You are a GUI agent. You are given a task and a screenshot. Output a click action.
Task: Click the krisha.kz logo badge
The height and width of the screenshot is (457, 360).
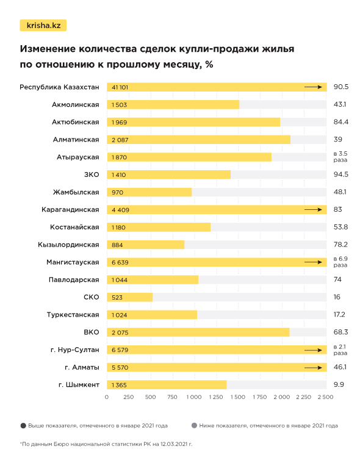pos(43,26)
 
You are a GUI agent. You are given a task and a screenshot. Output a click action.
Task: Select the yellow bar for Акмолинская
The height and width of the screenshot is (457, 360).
pos(173,104)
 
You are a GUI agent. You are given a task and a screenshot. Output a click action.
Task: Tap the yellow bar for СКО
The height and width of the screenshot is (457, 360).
pos(130,297)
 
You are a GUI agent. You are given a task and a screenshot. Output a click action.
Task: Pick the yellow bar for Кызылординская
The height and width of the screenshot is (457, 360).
pos(145,245)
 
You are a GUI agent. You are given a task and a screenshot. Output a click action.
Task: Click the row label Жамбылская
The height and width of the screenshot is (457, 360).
pos(76,192)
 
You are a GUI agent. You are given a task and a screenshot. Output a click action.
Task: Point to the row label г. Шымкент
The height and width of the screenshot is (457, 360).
pos(79,385)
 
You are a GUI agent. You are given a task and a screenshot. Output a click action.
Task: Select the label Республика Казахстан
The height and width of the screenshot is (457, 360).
pos(59,87)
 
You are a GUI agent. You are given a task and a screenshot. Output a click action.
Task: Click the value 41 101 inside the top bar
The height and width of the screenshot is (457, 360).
pos(120,87)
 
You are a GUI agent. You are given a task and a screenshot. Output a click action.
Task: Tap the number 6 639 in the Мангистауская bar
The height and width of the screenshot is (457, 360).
pos(120,262)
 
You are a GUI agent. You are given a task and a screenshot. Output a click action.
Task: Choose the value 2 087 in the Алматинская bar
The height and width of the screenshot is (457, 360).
pos(120,140)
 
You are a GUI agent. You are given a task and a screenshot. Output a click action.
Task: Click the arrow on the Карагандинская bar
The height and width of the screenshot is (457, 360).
pos(313,209)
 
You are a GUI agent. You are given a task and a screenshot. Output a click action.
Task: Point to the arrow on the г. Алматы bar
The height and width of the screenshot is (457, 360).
pos(313,367)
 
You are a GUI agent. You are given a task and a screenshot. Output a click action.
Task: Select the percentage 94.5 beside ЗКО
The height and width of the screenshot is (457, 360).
pos(340,175)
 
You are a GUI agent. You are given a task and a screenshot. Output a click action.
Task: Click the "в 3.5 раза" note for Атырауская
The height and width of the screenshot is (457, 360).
pos(340,157)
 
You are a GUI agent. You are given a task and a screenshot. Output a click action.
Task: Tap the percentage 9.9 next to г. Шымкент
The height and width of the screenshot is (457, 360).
pos(339,385)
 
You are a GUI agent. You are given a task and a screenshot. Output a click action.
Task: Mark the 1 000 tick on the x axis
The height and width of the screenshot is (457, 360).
pos(194,397)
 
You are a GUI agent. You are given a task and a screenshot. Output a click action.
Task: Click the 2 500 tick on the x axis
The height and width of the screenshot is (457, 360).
pos(325,397)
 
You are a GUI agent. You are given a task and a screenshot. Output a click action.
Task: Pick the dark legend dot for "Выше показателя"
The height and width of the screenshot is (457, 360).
pos(23,426)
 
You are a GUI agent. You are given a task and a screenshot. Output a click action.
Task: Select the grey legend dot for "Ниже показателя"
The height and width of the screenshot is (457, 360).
pos(194,426)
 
